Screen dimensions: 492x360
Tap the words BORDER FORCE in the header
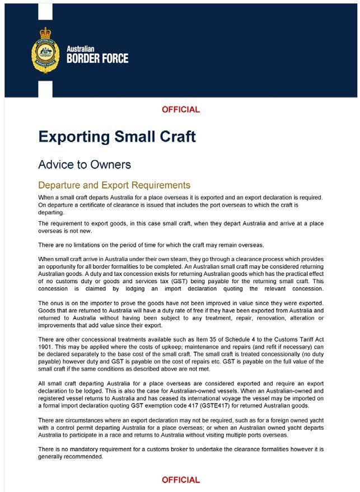point(97,58)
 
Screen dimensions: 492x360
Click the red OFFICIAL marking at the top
point(180,110)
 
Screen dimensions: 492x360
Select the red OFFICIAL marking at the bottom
point(180,480)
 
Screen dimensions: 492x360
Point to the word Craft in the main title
point(174,137)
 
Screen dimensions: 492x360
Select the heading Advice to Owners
point(84,165)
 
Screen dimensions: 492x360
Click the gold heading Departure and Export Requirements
point(114,185)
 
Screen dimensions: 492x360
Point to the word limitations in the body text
point(88,245)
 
